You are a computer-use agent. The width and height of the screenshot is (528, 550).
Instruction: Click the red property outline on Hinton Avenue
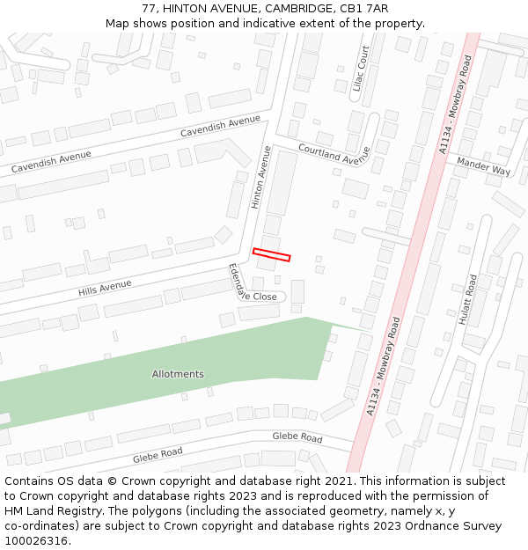pos(271,255)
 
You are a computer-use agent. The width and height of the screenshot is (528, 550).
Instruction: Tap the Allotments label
pos(178,374)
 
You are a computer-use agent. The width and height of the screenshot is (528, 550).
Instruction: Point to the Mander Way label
pos(484,166)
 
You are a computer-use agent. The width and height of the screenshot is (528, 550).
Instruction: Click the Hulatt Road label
pos(466,299)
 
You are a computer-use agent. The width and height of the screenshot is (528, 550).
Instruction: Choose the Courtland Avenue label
pos(334,155)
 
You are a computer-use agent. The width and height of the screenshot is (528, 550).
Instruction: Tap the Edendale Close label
pos(252,285)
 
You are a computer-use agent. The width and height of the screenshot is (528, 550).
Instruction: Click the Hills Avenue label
pos(105,288)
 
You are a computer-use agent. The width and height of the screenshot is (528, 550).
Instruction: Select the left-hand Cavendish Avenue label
pos(51,161)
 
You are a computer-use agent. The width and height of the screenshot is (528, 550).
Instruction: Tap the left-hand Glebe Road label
pos(158,455)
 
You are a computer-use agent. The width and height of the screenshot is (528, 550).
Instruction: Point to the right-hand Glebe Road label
pos(297,436)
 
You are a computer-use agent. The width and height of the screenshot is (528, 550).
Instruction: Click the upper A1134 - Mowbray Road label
pos(456,105)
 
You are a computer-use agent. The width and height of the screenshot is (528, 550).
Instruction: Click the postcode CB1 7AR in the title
pos(365,8)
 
